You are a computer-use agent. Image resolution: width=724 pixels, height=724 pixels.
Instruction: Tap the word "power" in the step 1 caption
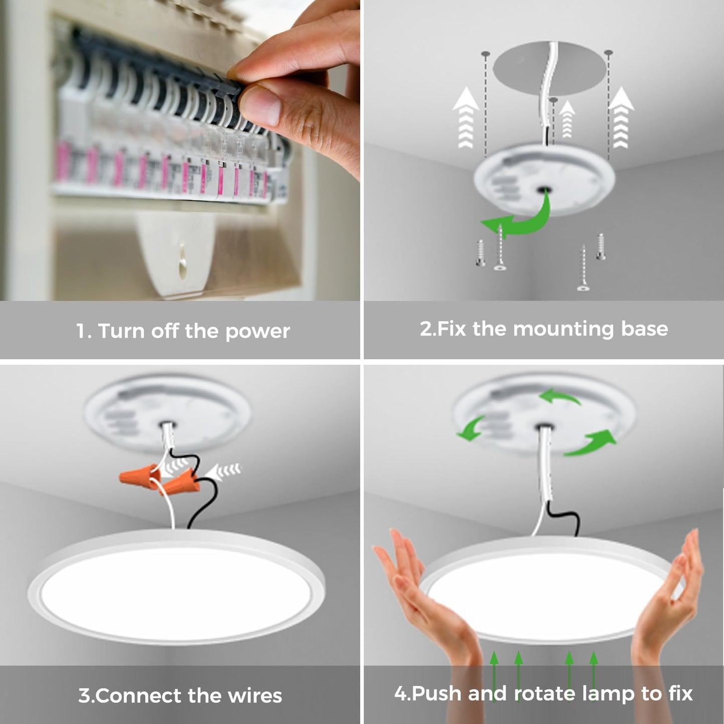(258, 331)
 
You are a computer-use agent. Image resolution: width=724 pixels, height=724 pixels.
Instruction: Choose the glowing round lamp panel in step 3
(175, 591)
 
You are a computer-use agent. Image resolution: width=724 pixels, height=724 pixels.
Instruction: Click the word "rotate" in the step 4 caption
(545, 694)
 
